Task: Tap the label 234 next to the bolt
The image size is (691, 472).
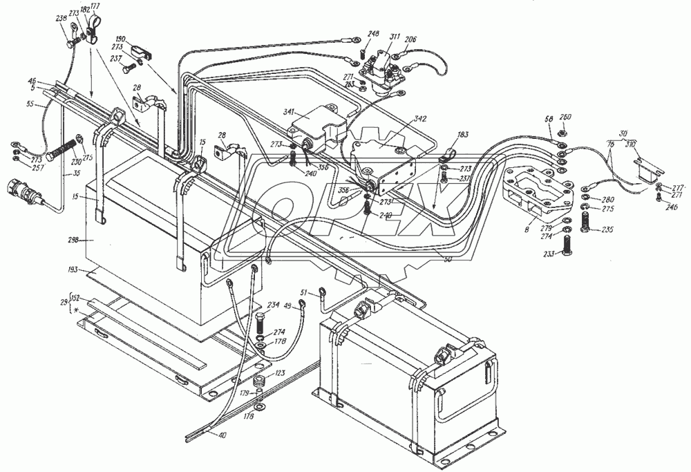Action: click(x=273, y=305)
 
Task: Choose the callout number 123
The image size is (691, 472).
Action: click(x=280, y=373)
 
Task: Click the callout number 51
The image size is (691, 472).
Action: click(x=304, y=294)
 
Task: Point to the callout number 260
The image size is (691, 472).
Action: click(x=565, y=117)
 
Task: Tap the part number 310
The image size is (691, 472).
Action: click(x=631, y=145)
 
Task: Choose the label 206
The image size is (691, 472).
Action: click(x=410, y=39)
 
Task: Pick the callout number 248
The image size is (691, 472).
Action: click(x=373, y=34)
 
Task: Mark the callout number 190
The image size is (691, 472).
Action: click(x=120, y=39)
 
